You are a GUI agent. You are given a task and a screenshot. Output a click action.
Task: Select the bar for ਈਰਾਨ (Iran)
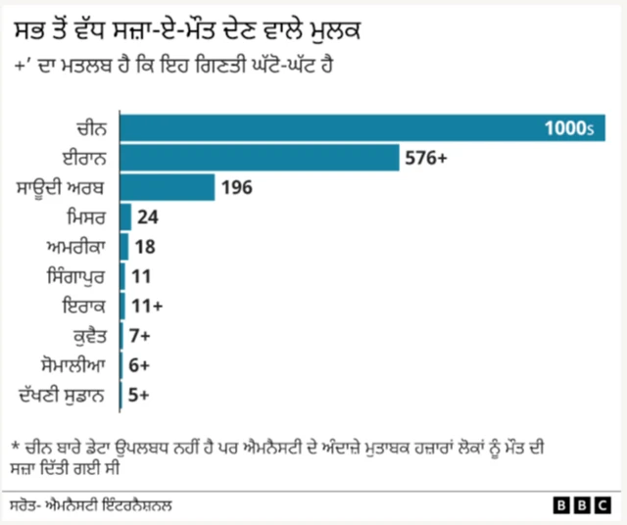click(x=259, y=158)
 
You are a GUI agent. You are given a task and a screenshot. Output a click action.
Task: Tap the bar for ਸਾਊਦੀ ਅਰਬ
click(x=167, y=187)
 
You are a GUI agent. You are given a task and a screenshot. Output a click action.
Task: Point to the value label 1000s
click(x=570, y=128)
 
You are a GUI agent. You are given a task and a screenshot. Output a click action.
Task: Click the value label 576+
click(x=426, y=158)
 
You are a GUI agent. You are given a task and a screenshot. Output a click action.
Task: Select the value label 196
click(x=238, y=187)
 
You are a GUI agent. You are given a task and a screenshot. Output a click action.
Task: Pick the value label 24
click(x=149, y=217)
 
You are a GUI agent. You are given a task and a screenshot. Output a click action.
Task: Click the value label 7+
click(x=141, y=336)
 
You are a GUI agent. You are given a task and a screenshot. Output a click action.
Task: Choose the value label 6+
click(x=140, y=365)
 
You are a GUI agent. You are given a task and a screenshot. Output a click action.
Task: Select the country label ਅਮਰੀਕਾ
click(x=81, y=247)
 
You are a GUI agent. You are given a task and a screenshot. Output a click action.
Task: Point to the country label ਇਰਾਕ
click(x=88, y=306)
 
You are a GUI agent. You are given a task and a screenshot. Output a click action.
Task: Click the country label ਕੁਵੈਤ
click(x=91, y=336)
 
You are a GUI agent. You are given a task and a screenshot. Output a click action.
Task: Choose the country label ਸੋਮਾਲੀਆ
click(x=77, y=365)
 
